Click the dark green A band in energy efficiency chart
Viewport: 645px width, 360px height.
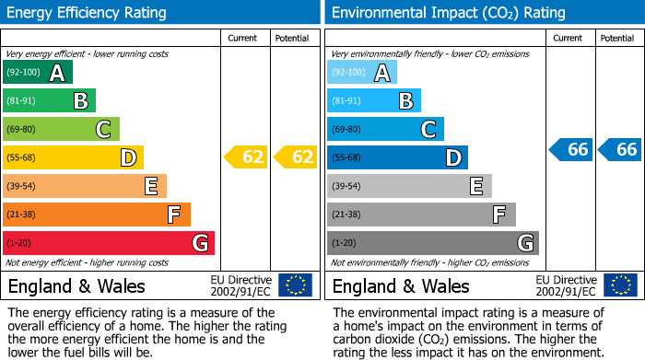[x=37, y=73]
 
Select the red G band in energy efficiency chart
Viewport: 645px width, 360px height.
[x=108, y=243]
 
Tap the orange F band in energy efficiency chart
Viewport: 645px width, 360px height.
[x=96, y=215]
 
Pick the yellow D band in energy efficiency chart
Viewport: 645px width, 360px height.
[x=73, y=157]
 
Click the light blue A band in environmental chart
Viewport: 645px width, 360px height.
[x=361, y=73]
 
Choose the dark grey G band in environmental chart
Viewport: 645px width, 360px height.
[x=432, y=243]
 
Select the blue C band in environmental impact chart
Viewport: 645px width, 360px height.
[x=385, y=129]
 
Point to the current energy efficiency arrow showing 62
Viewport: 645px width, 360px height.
[x=246, y=157]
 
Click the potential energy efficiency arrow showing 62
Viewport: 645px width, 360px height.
[x=296, y=157]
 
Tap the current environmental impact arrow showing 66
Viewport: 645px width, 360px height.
[x=570, y=149]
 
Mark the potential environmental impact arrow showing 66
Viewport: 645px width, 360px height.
[x=620, y=149]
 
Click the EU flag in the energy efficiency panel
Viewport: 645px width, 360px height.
[x=295, y=285]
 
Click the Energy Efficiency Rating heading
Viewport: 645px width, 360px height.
[x=88, y=13]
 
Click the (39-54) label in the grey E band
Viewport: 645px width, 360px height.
[x=346, y=187]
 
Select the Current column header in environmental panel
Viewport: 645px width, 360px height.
[x=569, y=38]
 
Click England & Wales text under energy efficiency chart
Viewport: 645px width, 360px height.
[x=77, y=285]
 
